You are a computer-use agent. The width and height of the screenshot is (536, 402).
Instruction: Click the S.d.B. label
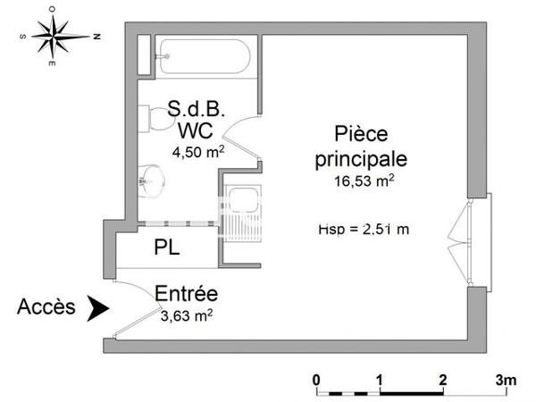[x=196, y=110]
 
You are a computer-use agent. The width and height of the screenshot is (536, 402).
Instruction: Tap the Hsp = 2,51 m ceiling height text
[x=363, y=229]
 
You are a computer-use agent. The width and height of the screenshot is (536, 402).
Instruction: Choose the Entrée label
[x=187, y=293]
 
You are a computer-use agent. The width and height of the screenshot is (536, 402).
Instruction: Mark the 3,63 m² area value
[x=187, y=314]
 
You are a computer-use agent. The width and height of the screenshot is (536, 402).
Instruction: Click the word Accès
[x=46, y=307]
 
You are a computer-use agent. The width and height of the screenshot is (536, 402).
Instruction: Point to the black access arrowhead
[x=96, y=308]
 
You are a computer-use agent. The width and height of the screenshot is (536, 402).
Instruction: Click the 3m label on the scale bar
[x=506, y=379]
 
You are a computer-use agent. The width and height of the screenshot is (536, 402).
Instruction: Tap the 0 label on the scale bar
[x=317, y=379]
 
